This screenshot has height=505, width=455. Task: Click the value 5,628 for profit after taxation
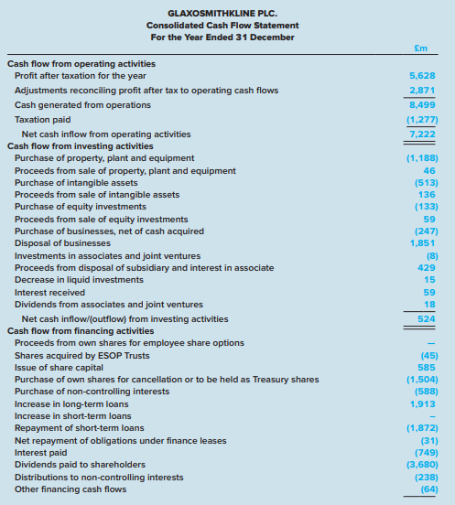(x=422, y=76)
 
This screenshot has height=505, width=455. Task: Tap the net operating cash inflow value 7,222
(x=422, y=134)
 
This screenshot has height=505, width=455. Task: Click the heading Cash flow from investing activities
(x=80, y=146)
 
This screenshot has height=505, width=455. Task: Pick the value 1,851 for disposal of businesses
(x=422, y=243)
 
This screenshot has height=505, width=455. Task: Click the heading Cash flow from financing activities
(x=81, y=331)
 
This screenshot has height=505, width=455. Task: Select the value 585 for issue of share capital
(x=427, y=367)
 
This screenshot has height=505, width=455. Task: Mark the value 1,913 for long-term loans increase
(x=422, y=403)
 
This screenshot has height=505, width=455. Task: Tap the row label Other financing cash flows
(x=70, y=489)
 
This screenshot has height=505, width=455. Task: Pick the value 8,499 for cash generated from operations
(x=422, y=105)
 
